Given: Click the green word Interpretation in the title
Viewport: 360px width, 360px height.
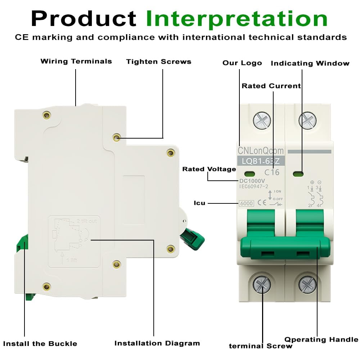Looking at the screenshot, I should (237, 19).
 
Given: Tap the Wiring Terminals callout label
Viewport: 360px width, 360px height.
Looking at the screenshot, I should (76, 61).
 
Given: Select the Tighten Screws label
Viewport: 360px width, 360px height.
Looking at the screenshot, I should (158, 62).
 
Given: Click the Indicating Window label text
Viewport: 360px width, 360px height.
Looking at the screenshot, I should (310, 63).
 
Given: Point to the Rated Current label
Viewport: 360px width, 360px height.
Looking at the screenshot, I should (271, 86).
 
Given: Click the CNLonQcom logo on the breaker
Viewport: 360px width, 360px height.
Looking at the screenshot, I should (261, 150).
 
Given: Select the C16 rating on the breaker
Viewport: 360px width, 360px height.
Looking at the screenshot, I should (272, 172).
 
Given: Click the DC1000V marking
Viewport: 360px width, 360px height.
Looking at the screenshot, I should (252, 181).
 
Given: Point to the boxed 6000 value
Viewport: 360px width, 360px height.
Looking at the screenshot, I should (246, 203).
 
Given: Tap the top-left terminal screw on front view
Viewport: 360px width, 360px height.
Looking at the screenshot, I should (262, 120).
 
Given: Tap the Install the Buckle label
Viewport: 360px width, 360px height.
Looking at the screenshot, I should (40, 343).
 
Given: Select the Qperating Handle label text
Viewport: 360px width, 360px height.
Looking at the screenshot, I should (321, 339).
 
